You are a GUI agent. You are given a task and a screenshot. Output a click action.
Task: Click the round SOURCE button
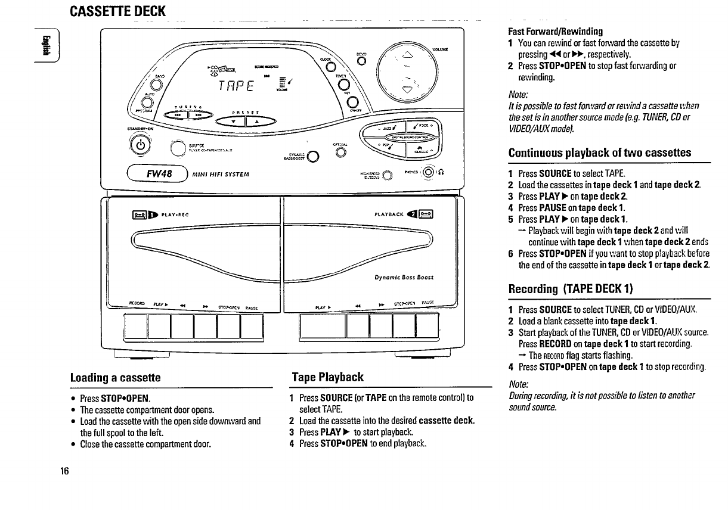(x=178, y=147)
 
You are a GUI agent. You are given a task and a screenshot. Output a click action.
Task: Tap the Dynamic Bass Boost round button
(x=312, y=157)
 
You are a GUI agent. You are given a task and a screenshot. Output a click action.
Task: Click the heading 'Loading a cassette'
(x=116, y=378)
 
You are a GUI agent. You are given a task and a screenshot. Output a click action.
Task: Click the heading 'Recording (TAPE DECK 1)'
(x=570, y=289)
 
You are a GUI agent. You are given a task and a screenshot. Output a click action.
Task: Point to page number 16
(x=64, y=471)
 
